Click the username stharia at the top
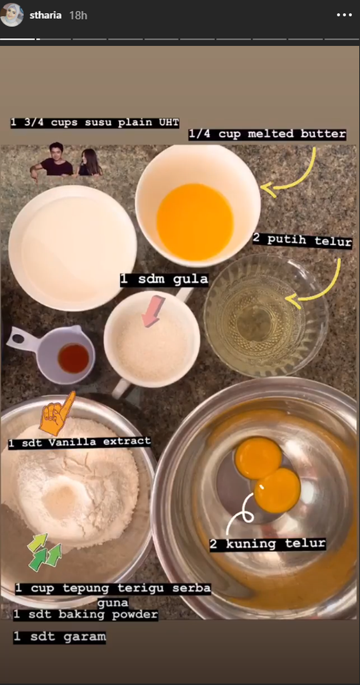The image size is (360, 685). [x=45, y=15]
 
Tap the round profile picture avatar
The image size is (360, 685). [x=12, y=15]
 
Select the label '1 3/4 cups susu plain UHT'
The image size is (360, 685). [x=95, y=122]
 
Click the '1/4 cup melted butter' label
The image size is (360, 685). [x=267, y=134]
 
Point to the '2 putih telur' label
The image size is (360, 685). [x=302, y=241]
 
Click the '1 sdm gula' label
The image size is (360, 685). [x=164, y=279]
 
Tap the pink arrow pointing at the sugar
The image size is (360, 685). [x=153, y=312]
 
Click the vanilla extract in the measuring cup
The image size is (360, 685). [x=74, y=358]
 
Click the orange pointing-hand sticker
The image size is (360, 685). [x=58, y=413]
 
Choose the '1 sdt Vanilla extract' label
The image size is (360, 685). [x=80, y=442]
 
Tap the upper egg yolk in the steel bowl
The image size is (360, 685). [x=259, y=458]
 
